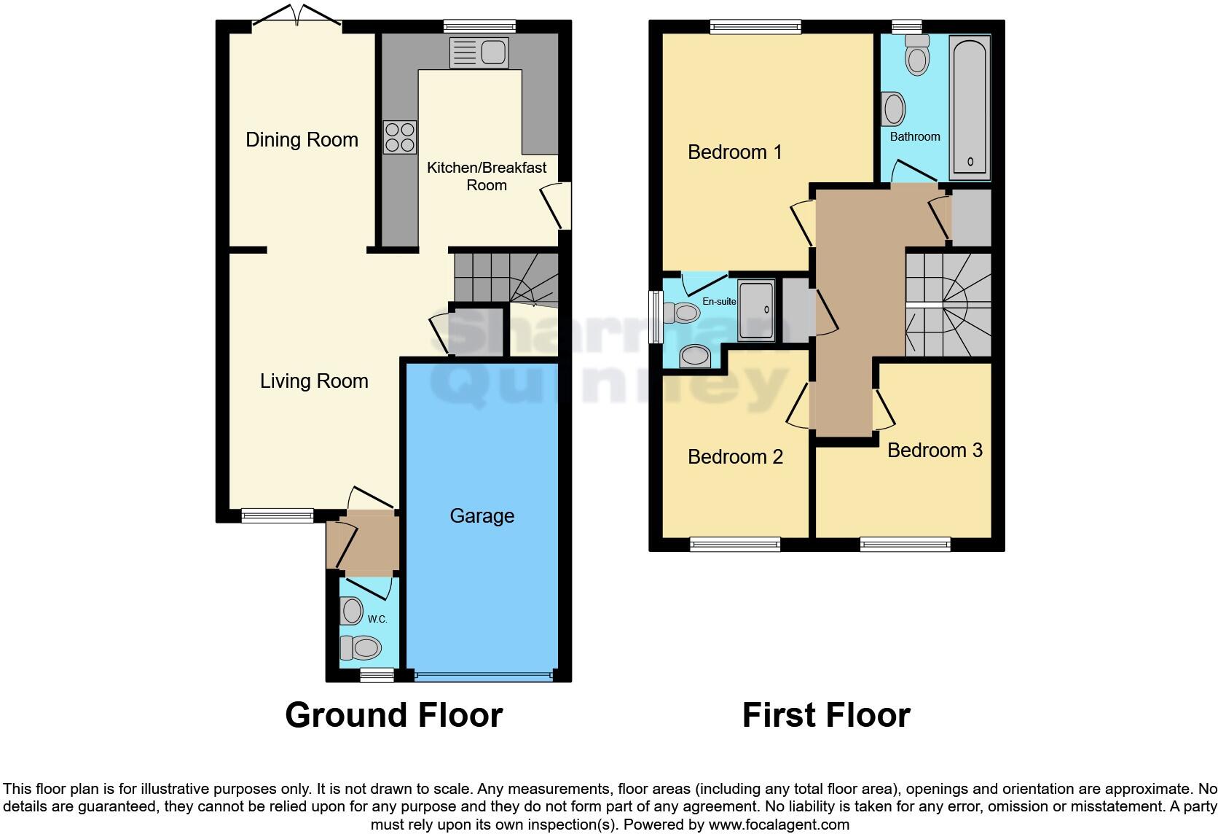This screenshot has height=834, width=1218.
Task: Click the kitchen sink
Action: coord(479,52)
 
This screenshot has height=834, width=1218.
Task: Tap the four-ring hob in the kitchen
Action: coord(400,137)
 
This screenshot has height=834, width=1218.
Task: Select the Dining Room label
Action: coord(302,140)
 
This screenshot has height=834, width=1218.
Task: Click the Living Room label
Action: coord(314,381)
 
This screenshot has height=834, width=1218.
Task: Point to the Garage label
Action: coord(482,516)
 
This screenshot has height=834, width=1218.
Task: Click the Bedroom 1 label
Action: coord(734,152)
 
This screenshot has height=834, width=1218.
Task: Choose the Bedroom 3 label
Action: coord(935,451)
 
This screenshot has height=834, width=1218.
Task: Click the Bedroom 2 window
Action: coord(735,543)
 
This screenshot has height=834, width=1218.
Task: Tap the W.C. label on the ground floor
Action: coord(377,619)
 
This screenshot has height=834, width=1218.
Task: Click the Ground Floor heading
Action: coord(393,715)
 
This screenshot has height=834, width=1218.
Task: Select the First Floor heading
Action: coord(825,715)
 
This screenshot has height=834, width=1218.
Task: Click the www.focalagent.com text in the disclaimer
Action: coord(779,825)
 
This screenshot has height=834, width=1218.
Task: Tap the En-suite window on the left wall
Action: coord(656,317)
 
